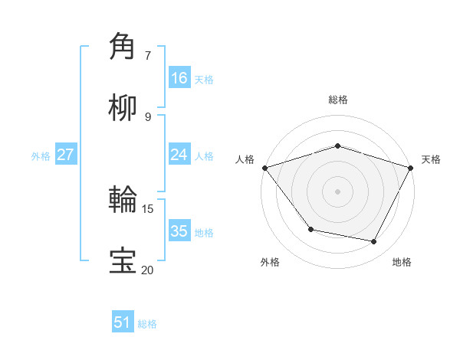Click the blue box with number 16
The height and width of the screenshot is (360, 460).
(179, 78)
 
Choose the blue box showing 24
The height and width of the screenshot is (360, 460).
(179, 155)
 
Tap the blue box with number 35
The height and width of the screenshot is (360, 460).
(179, 231)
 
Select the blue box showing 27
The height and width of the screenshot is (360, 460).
(66, 155)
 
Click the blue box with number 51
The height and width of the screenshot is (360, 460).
(123, 322)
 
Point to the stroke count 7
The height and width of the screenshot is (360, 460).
(148, 55)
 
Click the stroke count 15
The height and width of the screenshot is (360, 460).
(148, 208)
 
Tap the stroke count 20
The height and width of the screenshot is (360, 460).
(148, 270)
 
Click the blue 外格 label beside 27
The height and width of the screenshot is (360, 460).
(41, 155)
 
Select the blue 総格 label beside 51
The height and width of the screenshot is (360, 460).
(147, 324)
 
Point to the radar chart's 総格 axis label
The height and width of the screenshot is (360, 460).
(337, 100)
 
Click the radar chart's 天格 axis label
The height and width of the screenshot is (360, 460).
(431, 159)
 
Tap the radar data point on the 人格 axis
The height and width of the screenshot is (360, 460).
(264, 168)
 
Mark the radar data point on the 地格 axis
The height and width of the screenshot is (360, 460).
(374, 242)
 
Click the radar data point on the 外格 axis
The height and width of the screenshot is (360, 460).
(310, 229)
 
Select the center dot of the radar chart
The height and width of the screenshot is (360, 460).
(337, 191)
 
